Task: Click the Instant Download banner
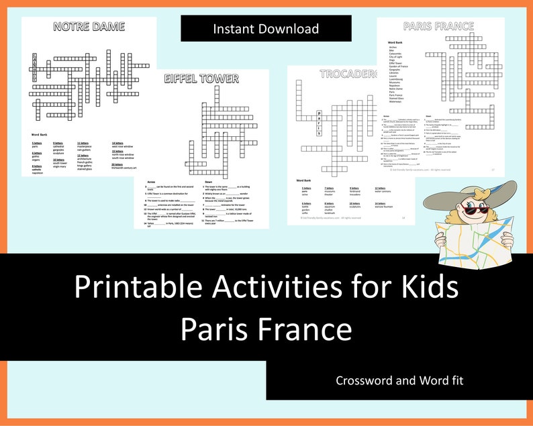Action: (266, 29)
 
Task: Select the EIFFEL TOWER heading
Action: (201, 78)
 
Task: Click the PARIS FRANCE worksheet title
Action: (439, 27)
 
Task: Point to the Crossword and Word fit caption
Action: (399, 380)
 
